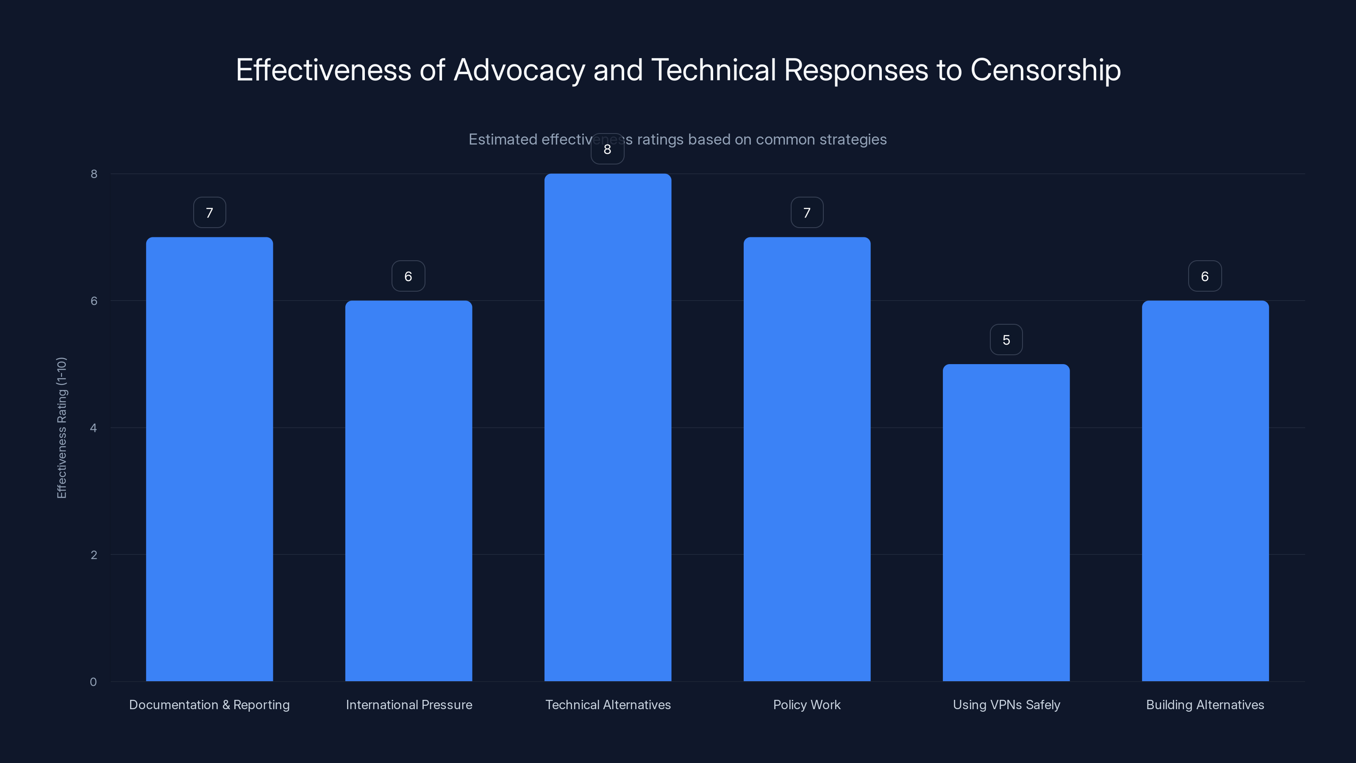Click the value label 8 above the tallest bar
608,150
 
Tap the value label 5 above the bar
1006,340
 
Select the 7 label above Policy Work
806,213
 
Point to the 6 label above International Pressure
408,276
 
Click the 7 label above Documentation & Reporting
209,213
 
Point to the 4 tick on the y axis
93,428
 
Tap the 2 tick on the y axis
93,554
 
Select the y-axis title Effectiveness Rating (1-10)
61,428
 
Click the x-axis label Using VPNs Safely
1006,705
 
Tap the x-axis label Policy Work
806,705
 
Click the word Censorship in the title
1045,70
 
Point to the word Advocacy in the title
519,70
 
